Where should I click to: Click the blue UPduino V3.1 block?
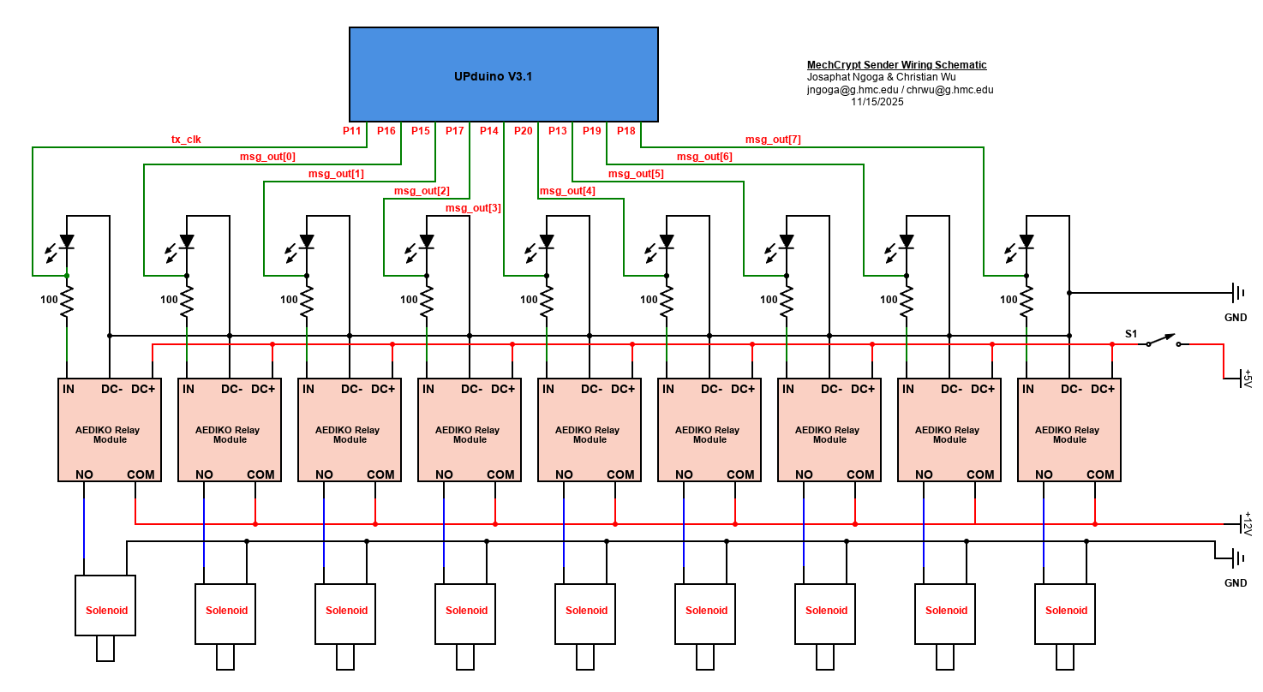click(x=504, y=75)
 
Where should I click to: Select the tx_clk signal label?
click(x=186, y=140)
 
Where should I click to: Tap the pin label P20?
click(x=524, y=131)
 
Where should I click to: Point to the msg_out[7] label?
click(x=773, y=140)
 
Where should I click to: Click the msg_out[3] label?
click(x=473, y=208)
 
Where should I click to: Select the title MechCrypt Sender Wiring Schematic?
click(x=896, y=65)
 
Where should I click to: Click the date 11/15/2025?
click(x=877, y=102)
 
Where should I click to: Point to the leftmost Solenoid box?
click(x=106, y=611)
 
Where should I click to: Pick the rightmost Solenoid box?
click(x=1066, y=611)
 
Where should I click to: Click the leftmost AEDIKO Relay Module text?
click(x=110, y=435)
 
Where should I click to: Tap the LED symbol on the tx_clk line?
click(x=66, y=242)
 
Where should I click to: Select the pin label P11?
click(x=352, y=131)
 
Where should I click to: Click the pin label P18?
click(x=626, y=131)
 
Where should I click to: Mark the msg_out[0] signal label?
click(x=267, y=157)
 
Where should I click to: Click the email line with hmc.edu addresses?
click(x=900, y=90)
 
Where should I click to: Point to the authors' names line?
click(x=881, y=77)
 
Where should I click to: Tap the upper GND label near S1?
click(x=1236, y=317)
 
